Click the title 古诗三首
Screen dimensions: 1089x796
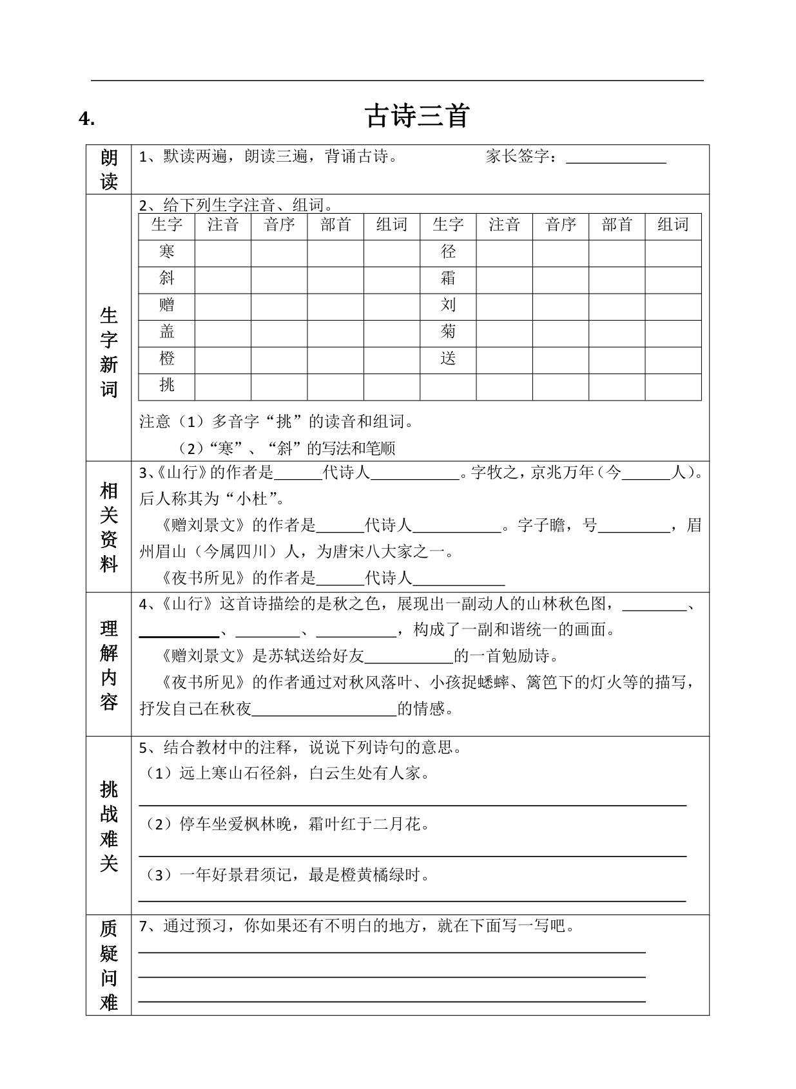tap(417, 117)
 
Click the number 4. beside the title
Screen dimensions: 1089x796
tap(87, 118)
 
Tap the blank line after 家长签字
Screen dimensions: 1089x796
tap(616, 158)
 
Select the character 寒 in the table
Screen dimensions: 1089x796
tap(167, 252)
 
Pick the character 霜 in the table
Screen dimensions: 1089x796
tap(448, 278)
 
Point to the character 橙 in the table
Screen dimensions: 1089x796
tap(167, 359)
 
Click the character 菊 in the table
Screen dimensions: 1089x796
tap(448, 332)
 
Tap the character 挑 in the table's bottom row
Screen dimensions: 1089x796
tap(167, 385)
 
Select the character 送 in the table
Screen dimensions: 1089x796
tap(448, 359)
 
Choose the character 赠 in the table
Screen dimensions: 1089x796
tap(167, 305)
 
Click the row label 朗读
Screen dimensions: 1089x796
tap(109, 170)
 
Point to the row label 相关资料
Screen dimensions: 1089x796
tap(109, 527)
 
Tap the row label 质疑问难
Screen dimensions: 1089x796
tap(109, 965)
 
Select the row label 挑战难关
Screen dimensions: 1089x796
tap(109, 826)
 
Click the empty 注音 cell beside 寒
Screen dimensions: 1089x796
tap(223, 252)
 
